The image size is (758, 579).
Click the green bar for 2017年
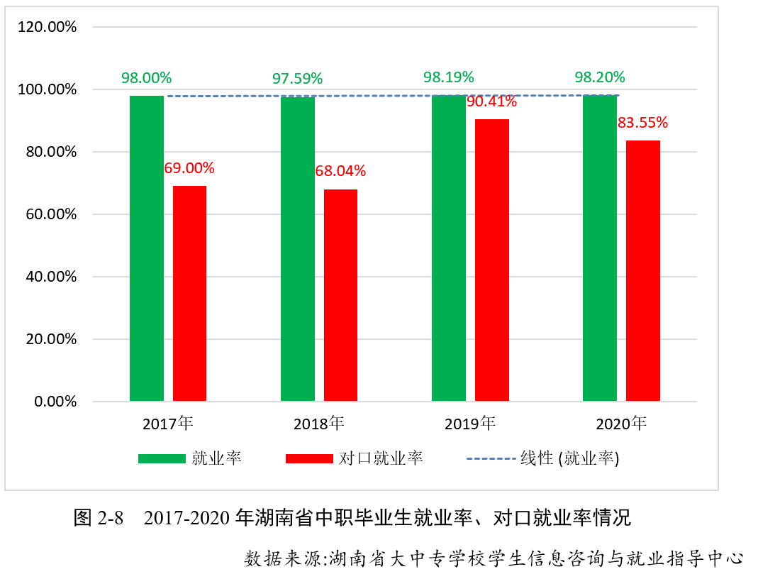[x=147, y=248]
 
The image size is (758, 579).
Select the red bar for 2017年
[x=189, y=294]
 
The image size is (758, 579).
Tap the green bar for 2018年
[x=298, y=249]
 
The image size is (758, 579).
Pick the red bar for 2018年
[x=340, y=295]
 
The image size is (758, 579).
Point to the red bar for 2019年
[x=492, y=260]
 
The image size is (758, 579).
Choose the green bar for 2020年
[x=600, y=248]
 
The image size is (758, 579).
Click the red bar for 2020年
[x=643, y=270]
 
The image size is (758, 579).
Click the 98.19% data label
[x=448, y=77]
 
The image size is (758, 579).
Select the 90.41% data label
[x=491, y=101]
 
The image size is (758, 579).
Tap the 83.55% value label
[x=642, y=123]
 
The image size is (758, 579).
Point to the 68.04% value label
[x=340, y=171]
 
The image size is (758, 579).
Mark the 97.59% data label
[x=297, y=78]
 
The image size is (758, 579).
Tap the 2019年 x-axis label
[x=469, y=424]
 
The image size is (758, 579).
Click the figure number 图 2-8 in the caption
[x=99, y=518]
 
